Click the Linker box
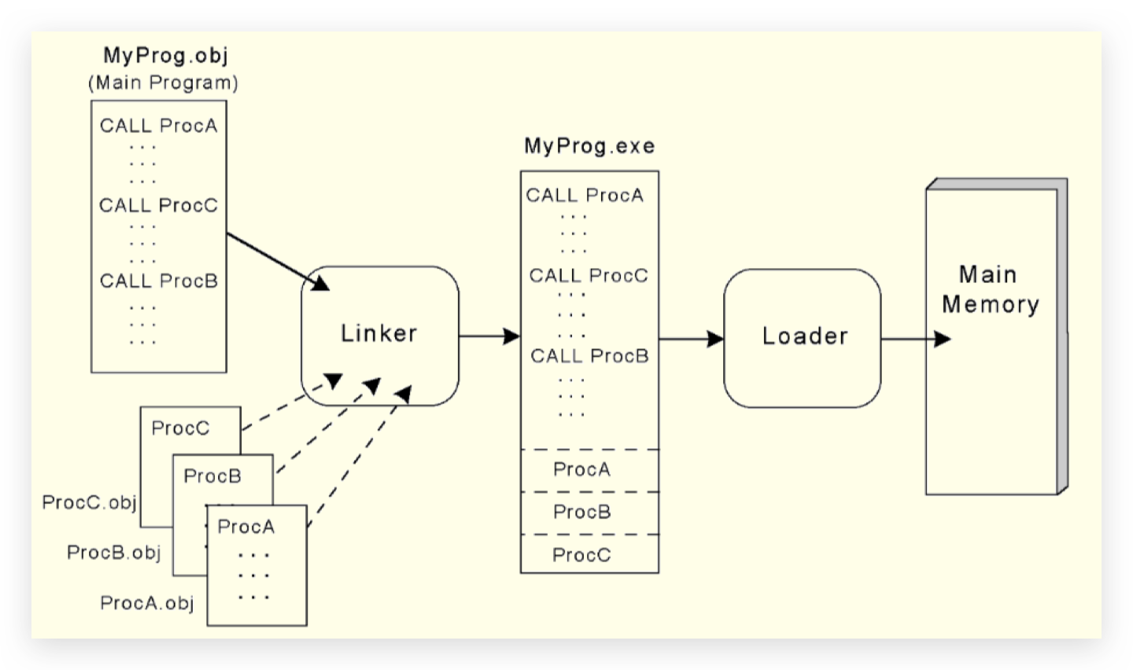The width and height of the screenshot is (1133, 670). [379, 334]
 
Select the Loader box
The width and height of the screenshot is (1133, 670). [803, 337]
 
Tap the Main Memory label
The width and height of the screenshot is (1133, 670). [990, 289]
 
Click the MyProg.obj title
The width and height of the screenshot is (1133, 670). [165, 55]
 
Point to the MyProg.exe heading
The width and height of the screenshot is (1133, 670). [589, 146]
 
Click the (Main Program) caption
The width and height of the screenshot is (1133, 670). [163, 83]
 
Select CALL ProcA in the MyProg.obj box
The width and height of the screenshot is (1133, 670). [158, 126]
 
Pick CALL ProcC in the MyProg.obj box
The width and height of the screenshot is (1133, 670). [158, 205]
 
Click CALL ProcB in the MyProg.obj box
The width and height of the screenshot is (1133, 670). [158, 281]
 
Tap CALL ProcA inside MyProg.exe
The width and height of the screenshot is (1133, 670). [585, 195]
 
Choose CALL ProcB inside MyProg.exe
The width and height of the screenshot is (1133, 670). [589, 356]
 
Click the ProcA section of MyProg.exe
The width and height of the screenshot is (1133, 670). [582, 469]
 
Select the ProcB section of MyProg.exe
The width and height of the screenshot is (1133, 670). [582, 512]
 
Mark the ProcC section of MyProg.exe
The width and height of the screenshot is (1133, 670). [582, 555]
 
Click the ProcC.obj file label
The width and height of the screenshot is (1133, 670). [89, 502]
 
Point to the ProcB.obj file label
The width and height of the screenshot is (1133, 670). [114, 553]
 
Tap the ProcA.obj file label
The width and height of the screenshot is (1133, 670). [147, 603]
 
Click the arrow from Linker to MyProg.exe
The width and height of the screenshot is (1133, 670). [488, 337]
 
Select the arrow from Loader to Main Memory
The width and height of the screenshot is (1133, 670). [915, 339]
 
